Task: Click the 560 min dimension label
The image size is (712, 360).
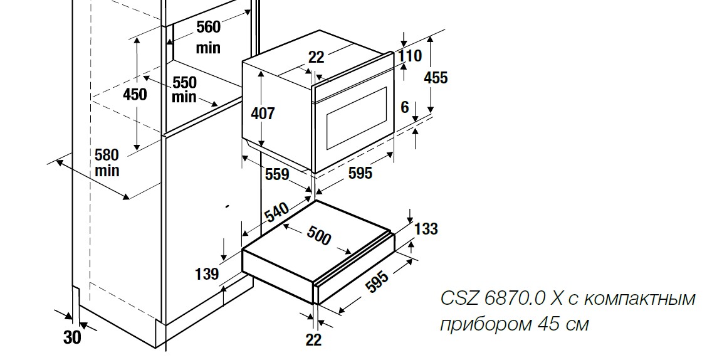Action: tap(208, 36)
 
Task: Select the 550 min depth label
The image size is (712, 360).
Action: tap(184, 90)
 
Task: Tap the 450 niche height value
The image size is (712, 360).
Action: tap(135, 95)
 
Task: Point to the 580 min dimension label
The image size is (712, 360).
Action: tap(107, 162)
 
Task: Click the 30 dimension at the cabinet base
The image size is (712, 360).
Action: tap(73, 337)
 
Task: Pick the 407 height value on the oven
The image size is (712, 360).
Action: tap(263, 114)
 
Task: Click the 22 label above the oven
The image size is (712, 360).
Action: tap(317, 57)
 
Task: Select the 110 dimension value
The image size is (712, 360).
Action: tap(410, 56)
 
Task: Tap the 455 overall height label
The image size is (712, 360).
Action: tap(436, 78)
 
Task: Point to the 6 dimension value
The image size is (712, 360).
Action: tap(405, 108)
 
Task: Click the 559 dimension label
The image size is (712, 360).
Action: tap(276, 174)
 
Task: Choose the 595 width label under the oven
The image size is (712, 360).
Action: tap(360, 173)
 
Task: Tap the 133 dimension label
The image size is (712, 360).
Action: tap(426, 229)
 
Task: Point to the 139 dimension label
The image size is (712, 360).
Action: tap(207, 273)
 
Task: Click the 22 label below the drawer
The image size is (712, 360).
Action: tap(313, 339)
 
